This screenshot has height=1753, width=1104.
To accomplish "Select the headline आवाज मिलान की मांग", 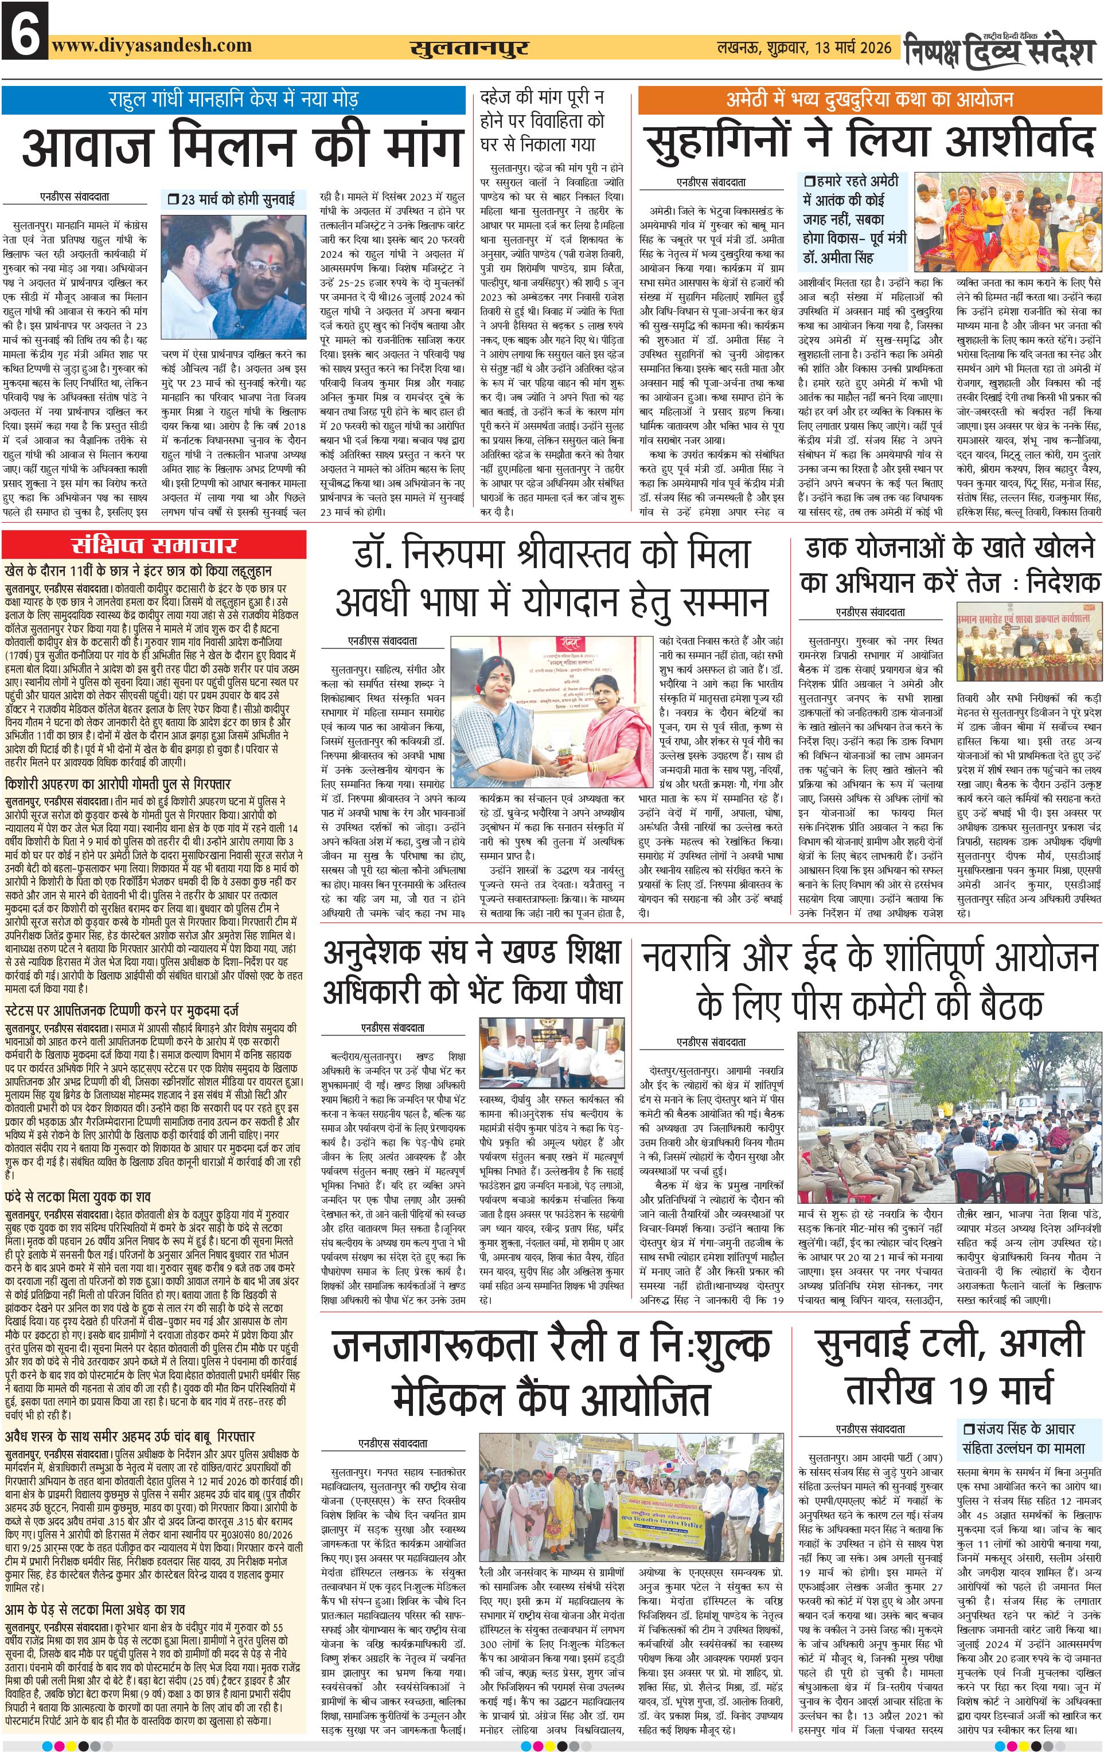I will pos(243,146).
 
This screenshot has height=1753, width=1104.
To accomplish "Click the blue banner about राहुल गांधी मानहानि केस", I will pos(233,98).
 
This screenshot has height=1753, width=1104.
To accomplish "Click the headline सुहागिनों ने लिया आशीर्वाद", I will pos(869,140).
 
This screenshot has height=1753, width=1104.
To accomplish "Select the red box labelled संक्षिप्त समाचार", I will pos(153,545).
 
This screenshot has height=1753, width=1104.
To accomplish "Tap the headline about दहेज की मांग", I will pos(543,120).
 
